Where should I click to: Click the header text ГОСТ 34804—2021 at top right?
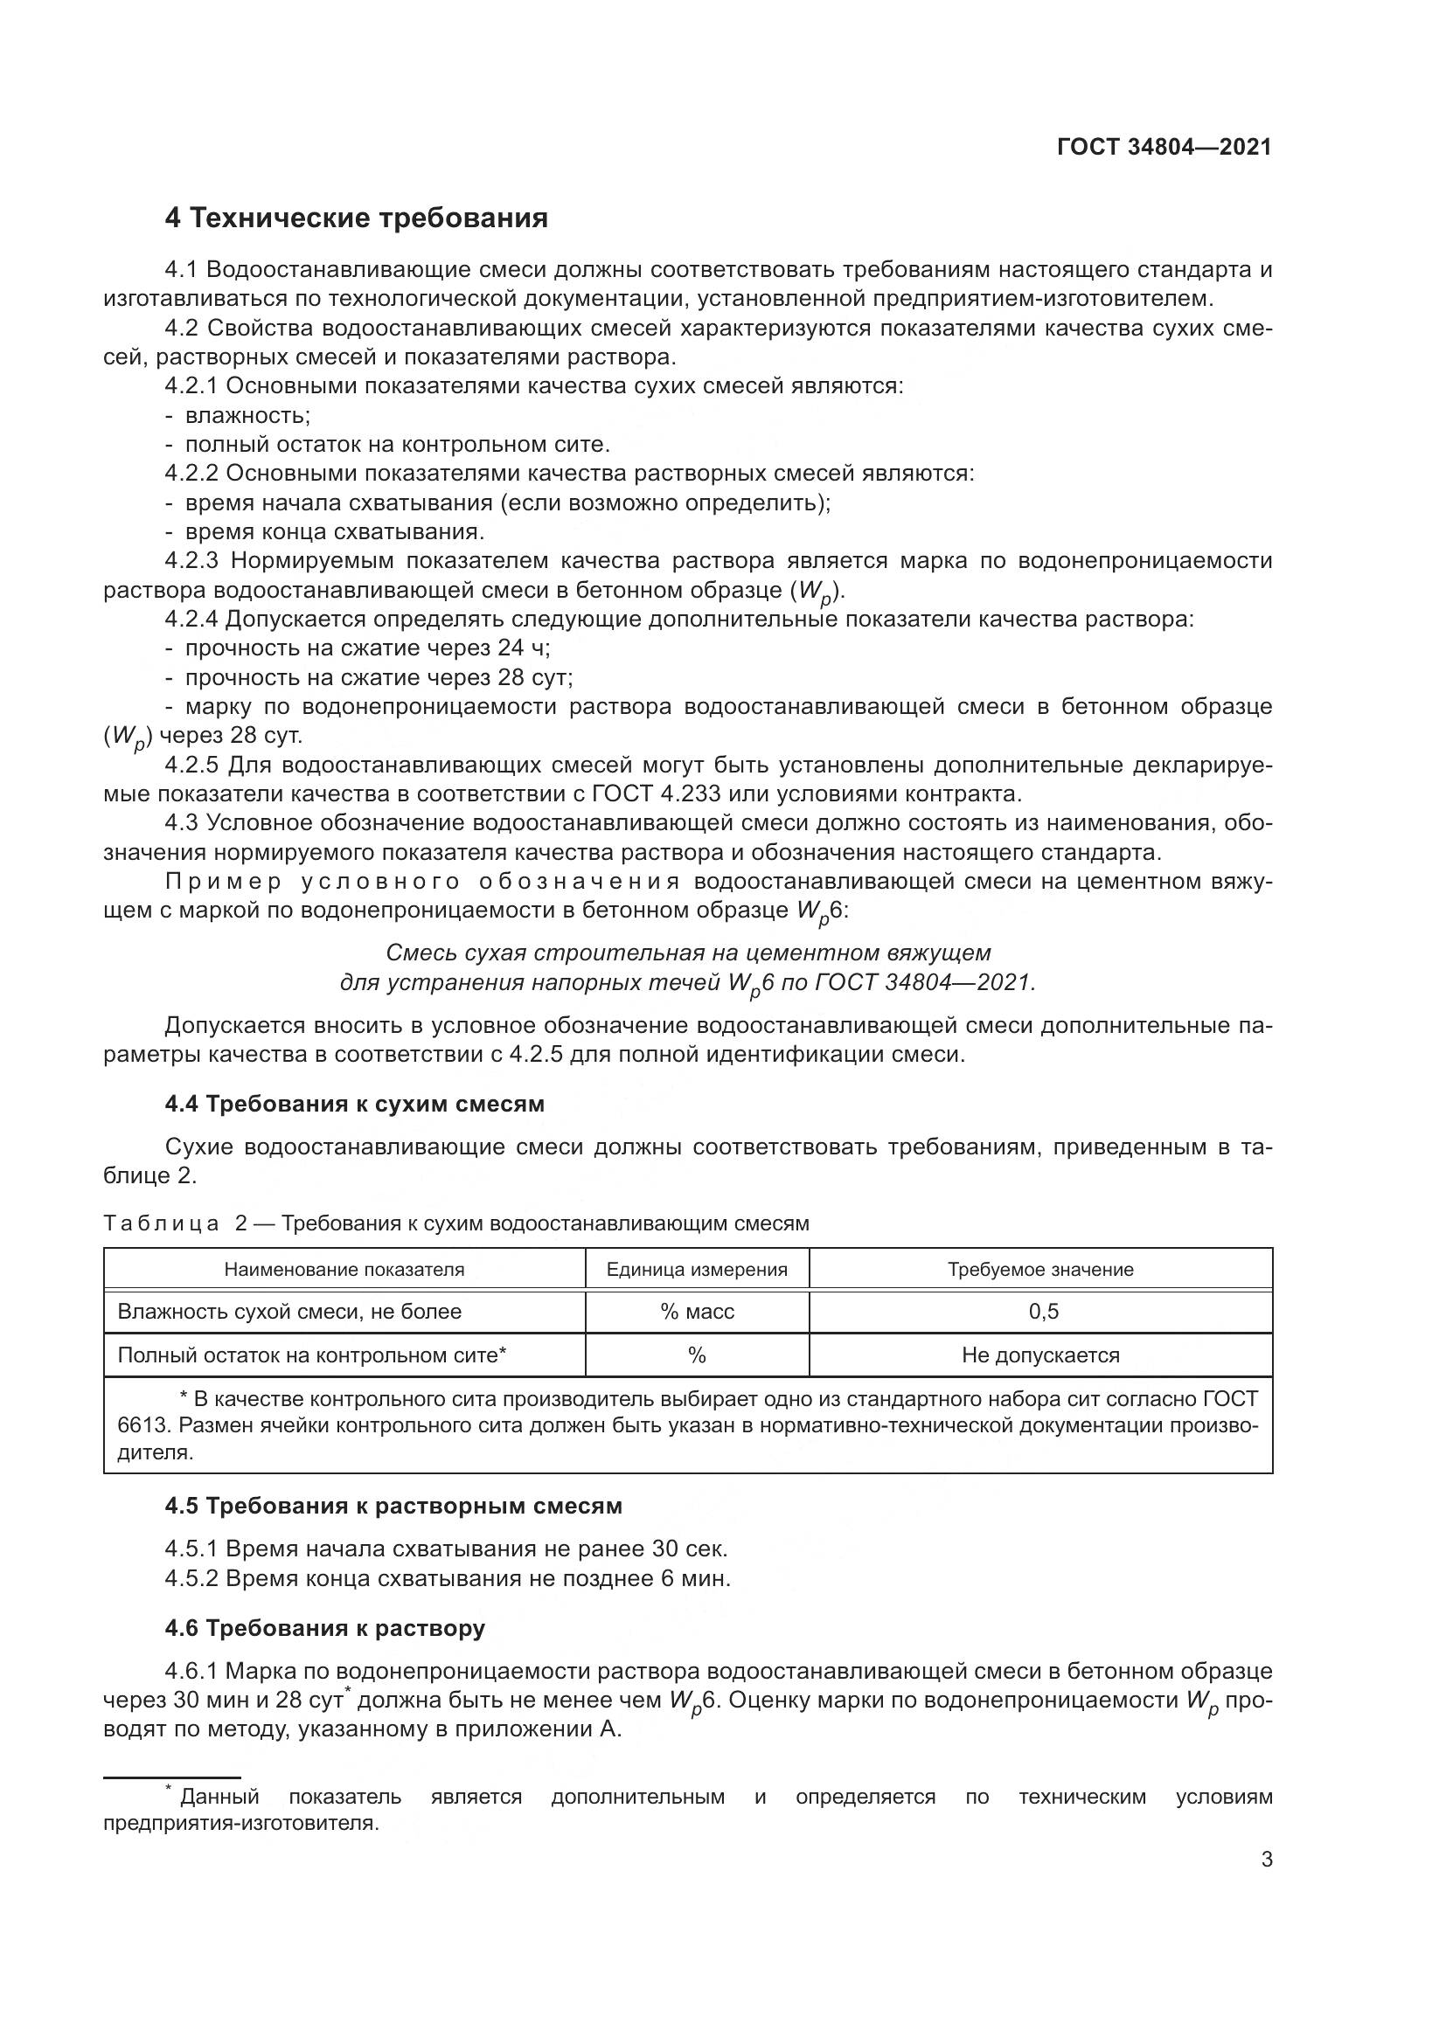coord(1164,147)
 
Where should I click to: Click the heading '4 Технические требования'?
coord(356,218)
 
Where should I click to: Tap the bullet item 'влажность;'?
coord(247,415)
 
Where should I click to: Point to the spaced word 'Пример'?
coord(224,882)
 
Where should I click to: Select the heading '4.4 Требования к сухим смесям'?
coord(354,1104)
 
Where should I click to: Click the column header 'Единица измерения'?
coord(696,1270)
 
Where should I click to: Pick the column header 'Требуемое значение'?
coord(1040,1270)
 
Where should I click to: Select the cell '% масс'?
coord(696,1312)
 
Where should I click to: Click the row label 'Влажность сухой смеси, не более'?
coord(289,1312)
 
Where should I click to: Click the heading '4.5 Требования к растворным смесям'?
coord(393,1507)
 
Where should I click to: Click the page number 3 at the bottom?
coord(1266,1860)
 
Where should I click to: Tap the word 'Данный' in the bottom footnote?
coord(219,1797)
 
